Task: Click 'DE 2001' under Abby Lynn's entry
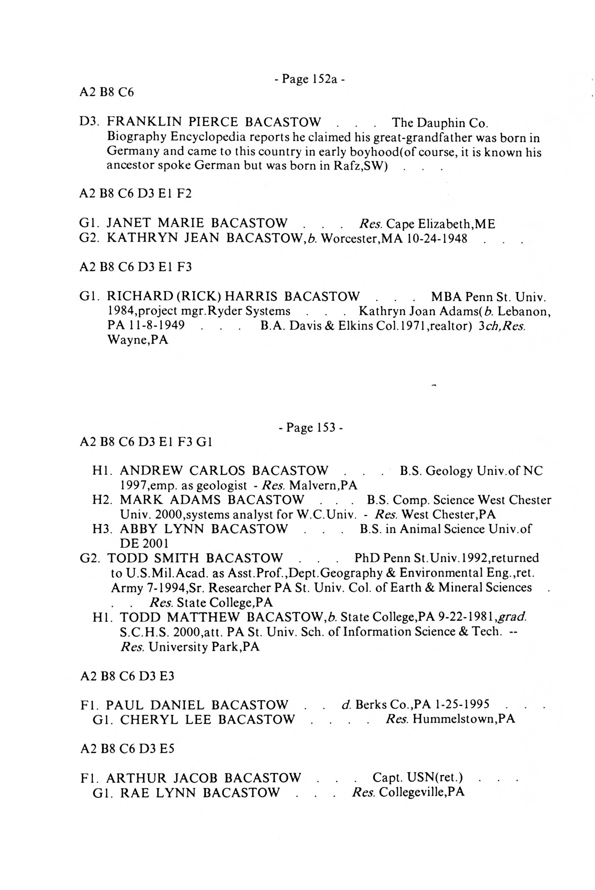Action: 144,544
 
